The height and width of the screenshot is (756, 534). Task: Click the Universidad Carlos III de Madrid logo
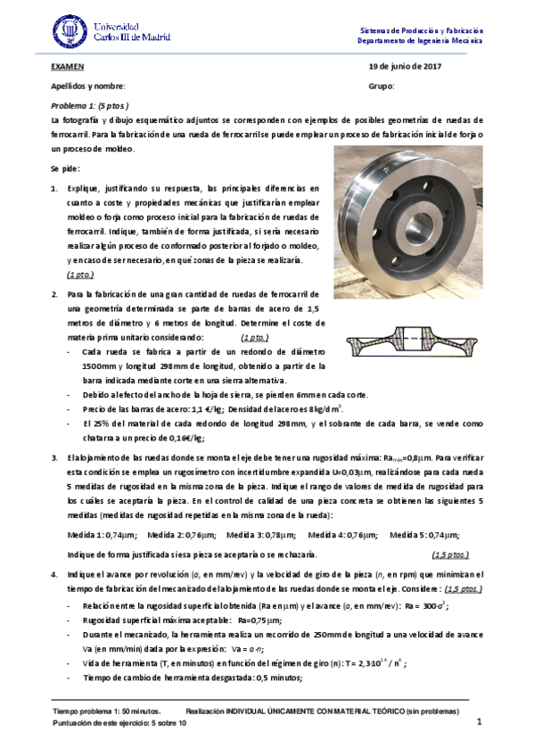point(111,32)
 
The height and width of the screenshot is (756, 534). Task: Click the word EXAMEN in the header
point(68,67)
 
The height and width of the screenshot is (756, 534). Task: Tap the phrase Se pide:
point(66,168)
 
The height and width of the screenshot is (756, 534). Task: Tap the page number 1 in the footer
point(479,721)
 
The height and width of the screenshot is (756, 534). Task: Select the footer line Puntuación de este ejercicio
point(119,723)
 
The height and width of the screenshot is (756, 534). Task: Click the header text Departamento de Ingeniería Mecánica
point(420,41)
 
